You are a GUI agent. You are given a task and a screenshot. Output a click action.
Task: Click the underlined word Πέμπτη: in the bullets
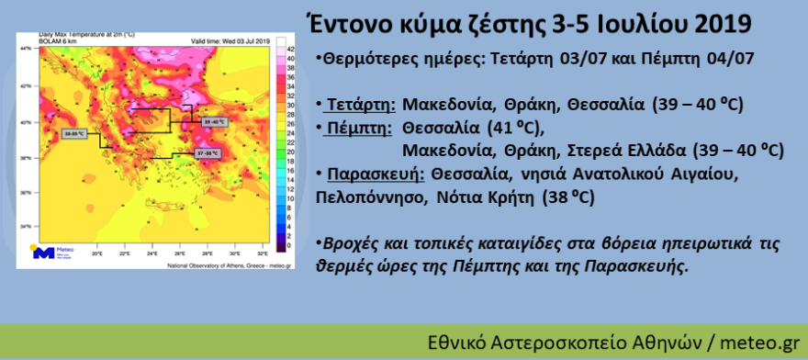(x=361, y=127)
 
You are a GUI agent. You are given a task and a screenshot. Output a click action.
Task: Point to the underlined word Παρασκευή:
(x=375, y=174)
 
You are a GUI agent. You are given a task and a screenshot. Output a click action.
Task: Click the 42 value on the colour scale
(x=290, y=47)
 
